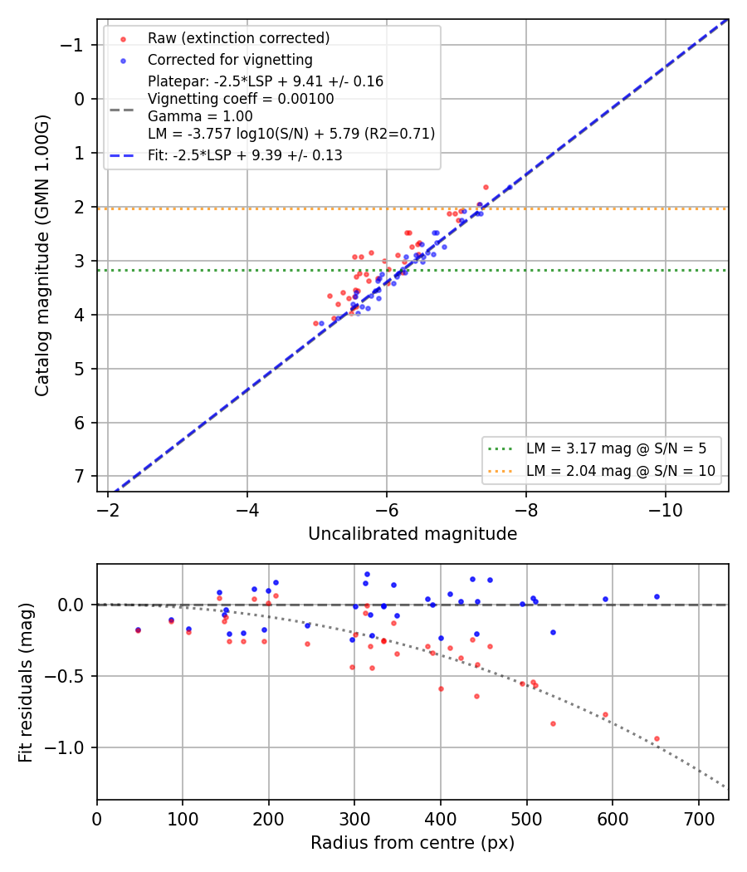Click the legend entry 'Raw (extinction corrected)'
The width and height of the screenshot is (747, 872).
pyautogui.click(x=238, y=38)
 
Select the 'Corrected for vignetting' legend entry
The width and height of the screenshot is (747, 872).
pyautogui.click(x=230, y=60)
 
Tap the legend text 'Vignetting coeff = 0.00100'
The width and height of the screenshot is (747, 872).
pyautogui.click(x=241, y=99)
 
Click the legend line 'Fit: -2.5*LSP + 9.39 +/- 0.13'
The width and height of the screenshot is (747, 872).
pyautogui.click(x=245, y=155)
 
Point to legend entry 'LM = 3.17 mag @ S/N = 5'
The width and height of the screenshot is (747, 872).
pyautogui.click(x=617, y=448)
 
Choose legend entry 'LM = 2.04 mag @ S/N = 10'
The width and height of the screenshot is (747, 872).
pyautogui.click(x=621, y=471)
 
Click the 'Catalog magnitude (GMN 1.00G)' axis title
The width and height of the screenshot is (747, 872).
pyautogui.click(x=42, y=256)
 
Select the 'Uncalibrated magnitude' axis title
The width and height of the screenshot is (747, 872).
pyautogui.click(x=413, y=534)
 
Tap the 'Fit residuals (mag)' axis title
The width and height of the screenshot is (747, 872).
pyautogui.click(x=26, y=683)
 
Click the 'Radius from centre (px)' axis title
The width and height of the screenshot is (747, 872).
pyautogui.click(x=413, y=843)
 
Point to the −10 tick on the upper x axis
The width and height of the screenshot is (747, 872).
pyautogui.click(x=666, y=510)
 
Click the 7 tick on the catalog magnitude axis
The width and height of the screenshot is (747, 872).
pyautogui.click(x=80, y=477)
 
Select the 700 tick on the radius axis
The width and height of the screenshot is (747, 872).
pyautogui.click(x=699, y=819)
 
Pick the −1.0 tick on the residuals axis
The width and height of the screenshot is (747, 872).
pyautogui.click(x=65, y=748)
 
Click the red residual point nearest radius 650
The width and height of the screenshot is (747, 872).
pyautogui.click(x=657, y=739)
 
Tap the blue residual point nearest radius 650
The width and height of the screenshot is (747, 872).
pyautogui.click(x=657, y=597)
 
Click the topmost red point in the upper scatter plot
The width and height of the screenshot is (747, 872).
pyautogui.click(x=486, y=188)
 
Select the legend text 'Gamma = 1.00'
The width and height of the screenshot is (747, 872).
pyautogui.click(x=200, y=116)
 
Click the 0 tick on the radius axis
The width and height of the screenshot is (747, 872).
pyautogui.click(x=97, y=819)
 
